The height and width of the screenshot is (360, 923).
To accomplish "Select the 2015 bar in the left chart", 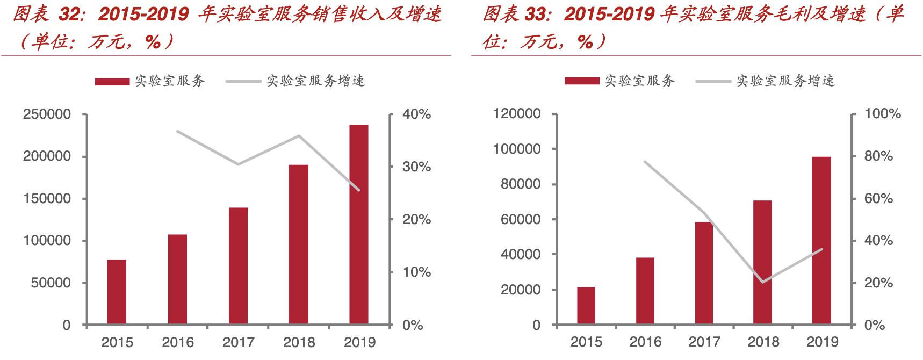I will point(117,292).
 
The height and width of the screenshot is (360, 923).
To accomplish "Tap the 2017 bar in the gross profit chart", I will point(704,273).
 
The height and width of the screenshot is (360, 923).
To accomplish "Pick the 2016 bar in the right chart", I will point(645,291).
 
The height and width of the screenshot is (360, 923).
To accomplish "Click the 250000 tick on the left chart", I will point(47,114).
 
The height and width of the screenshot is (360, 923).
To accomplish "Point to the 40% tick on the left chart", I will point(417,114).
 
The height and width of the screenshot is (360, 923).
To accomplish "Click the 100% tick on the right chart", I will point(882,114).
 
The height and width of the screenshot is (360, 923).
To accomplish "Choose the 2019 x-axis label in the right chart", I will point(822,342).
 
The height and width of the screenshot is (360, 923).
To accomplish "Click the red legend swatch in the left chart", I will point(112,82).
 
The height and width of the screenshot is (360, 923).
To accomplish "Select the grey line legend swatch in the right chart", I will point(713,82).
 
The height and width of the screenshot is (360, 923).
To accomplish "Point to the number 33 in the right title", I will point(539,15).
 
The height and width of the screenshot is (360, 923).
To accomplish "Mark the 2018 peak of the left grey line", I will point(299,135).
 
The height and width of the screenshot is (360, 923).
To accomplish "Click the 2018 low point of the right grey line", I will point(763,282).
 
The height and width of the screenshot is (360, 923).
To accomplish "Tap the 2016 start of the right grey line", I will point(645,161).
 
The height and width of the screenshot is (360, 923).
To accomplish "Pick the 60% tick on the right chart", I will point(878,199).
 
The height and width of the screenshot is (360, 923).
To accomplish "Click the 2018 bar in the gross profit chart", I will point(762,263).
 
